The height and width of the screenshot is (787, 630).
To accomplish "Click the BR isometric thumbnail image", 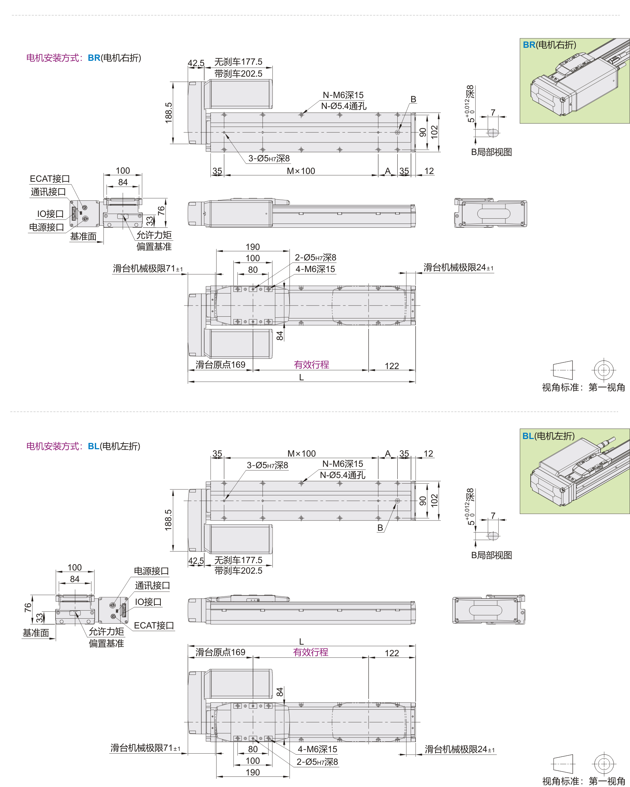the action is click(x=575, y=81).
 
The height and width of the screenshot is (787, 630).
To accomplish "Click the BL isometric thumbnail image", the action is click(x=575, y=471).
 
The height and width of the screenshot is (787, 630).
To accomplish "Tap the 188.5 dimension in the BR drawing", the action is click(x=168, y=112).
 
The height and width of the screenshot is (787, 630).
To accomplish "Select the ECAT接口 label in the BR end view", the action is click(x=49, y=179).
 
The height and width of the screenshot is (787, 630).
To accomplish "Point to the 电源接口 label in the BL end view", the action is click(x=151, y=571).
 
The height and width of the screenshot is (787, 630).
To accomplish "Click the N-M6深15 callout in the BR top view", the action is click(x=343, y=95).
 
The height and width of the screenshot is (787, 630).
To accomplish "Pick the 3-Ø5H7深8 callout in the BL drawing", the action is click(x=267, y=465).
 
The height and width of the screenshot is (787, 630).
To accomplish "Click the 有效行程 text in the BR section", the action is click(x=311, y=365).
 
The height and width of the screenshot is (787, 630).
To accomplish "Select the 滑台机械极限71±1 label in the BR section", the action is click(x=148, y=269).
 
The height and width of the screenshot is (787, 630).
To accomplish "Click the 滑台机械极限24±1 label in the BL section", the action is click(x=460, y=749).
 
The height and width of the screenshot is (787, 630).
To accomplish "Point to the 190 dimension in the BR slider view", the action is click(x=253, y=247).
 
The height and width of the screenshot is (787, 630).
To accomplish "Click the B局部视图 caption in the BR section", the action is click(x=491, y=152).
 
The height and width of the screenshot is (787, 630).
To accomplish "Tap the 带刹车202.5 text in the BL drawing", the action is click(x=238, y=570).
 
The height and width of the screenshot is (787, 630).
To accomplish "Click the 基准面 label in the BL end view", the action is click(x=36, y=633).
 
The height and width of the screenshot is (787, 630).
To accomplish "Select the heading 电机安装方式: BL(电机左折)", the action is click(x=83, y=446).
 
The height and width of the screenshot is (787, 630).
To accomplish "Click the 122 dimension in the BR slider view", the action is click(x=392, y=366).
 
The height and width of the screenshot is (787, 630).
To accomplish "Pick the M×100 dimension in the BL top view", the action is click(x=301, y=454).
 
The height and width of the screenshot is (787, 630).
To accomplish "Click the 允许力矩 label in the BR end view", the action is click(x=154, y=235).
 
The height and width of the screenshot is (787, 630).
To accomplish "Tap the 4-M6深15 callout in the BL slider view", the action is click(x=317, y=749).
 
